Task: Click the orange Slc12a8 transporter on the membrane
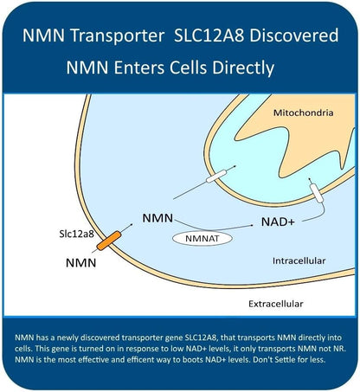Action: [x=109, y=241]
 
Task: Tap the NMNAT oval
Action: [x=202, y=239]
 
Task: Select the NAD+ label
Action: [x=278, y=222]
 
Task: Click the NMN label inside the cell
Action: [x=157, y=218]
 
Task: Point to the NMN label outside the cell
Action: [x=81, y=263]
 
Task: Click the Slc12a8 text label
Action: [x=77, y=234]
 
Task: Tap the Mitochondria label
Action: [x=304, y=112]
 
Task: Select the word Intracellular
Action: [x=299, y=260]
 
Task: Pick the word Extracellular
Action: [x=276, y=304]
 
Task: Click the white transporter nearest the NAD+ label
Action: [x=317, y=193]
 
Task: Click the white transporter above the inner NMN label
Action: [x=216, y=177]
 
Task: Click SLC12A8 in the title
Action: [x=209, y=35]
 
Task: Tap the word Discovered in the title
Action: [x=294, y=35]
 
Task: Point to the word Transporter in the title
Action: [x=117, y=36]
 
